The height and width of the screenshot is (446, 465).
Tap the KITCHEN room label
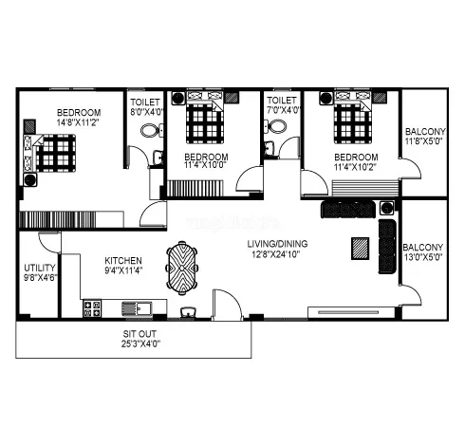(x=123, y=261)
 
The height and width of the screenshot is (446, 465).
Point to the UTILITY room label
(x=39, y=269)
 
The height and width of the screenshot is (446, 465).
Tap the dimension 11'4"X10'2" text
(x=356, y=168)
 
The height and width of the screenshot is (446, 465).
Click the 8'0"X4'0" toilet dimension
(x=146, y=111)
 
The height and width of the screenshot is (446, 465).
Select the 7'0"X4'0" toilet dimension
(x=283, y=111)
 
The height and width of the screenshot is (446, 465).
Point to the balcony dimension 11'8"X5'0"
(x=423, y=141)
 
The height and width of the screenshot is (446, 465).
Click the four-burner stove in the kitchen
(x=93, y=307)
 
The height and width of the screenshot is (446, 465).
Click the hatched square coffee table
(x=359, y=247)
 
